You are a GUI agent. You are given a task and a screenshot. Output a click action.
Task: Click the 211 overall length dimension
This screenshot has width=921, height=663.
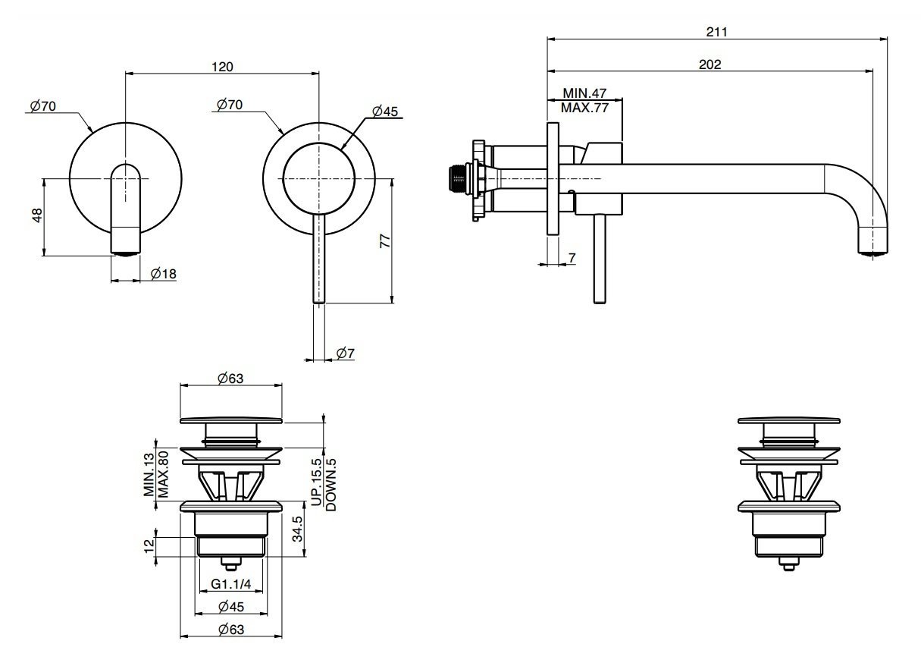(716, 32)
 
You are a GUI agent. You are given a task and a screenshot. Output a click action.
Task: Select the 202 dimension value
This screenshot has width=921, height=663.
(710, 64)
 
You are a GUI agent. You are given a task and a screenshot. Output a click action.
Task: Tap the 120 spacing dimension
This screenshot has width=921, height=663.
(222, 67)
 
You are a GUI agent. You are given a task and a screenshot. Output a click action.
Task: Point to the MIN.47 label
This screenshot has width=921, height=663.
(584, 93)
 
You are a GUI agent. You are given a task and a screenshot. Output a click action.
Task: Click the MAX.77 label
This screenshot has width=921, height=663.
(584, 108)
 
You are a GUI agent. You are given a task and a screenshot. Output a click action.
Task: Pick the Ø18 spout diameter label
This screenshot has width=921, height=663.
(163, 274)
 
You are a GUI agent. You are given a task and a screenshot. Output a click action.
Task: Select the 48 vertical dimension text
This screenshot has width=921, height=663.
(37, 215)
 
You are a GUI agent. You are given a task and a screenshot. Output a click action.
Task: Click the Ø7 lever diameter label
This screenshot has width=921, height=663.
(345, 353)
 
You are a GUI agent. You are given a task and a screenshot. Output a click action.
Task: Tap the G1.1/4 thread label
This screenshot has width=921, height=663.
(230, 583)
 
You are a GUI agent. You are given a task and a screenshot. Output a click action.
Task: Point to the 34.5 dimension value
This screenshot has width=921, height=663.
(297, 529)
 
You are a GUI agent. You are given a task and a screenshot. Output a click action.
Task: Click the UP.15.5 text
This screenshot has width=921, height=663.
(317, 482)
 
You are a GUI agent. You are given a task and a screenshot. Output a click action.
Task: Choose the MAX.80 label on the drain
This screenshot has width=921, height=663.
(163, 474)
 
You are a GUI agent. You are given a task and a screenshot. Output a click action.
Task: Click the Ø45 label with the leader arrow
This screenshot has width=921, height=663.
(385, 111)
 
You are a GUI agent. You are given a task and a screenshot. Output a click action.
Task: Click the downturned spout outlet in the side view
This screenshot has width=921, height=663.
(872, 245)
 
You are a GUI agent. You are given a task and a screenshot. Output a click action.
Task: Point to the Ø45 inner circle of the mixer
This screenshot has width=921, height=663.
(318, 143)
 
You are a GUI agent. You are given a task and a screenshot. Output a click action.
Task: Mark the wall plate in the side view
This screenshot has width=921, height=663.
(553, 178)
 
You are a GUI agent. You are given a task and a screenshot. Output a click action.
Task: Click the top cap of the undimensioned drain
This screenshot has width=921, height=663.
(788, 420)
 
